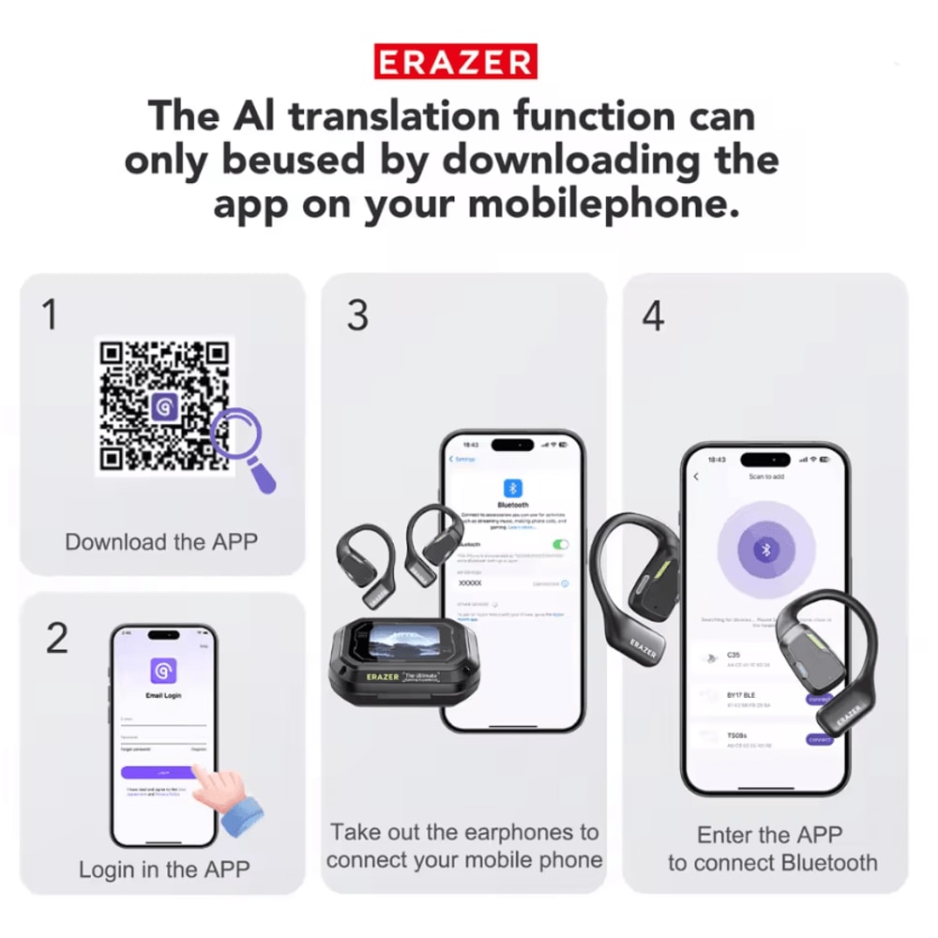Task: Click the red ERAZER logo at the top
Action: (456, 62)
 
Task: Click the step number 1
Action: (51, 315)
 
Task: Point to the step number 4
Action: (653, 316)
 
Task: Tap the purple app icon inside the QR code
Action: (164, 406)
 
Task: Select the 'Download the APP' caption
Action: (161, 542)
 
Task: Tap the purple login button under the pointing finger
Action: (159, 771)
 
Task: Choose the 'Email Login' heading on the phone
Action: (163, 695)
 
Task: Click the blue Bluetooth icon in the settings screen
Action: (513, 488)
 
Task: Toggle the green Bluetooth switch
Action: (561, 544)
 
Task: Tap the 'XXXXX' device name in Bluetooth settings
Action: (470, 582)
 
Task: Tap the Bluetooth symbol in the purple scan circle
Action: (765, 551)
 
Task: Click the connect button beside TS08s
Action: (819, 739)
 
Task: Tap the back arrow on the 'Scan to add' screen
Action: (696, 477)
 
